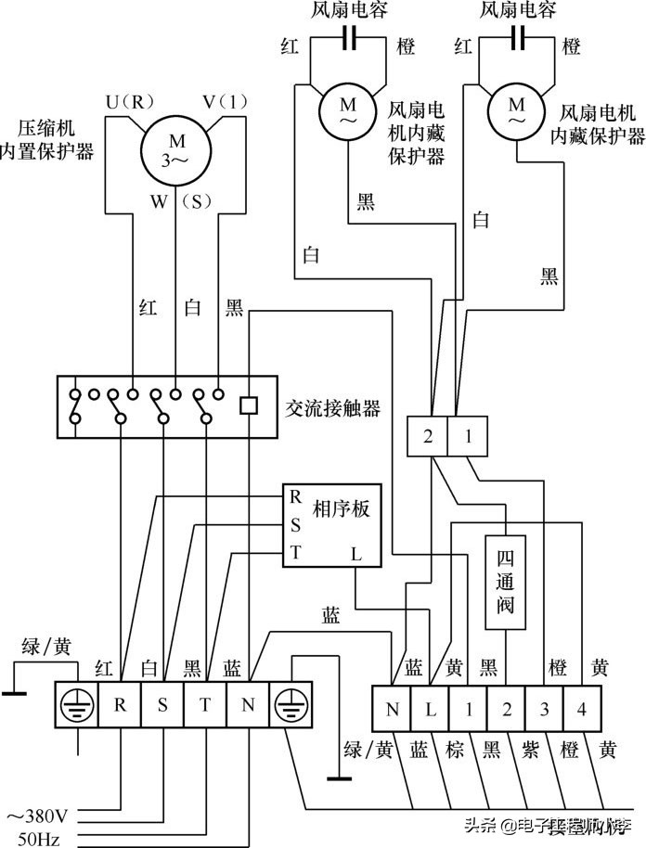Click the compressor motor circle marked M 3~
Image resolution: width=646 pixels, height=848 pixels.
pos(177,151)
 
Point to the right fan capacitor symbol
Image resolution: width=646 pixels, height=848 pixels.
pos(518,38)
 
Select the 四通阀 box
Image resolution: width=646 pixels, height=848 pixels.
pos(506,585)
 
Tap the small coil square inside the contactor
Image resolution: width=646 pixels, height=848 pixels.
pos(248,405)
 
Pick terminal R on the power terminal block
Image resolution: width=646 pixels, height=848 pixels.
pos(120,703)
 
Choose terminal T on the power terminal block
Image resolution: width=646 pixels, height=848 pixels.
pos(204,703)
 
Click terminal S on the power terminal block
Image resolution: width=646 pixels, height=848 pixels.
pos(162,703)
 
